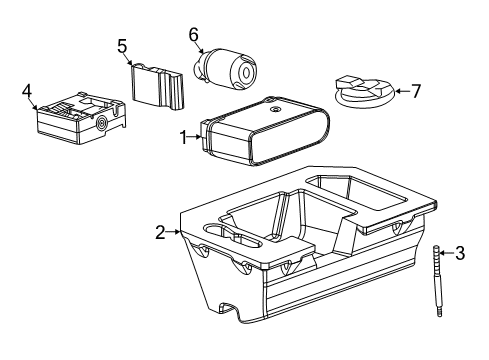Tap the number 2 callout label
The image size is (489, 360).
point(160,232)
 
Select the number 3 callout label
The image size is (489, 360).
point(459,254)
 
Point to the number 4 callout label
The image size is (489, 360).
point(27,92)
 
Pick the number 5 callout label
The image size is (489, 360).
point(122,45)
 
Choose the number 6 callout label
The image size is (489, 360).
point(194,34)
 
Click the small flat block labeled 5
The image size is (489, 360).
point(158,85)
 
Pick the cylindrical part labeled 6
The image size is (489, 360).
point(225,67)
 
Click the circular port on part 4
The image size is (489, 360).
point(102,124)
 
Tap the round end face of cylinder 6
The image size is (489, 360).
point(243,70)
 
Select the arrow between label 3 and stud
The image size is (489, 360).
point(447,254)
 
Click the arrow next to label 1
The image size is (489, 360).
point(196,138)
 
